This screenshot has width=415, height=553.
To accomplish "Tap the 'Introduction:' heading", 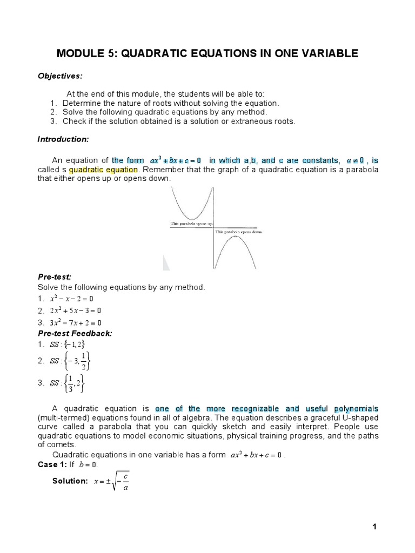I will (x=63, y=139).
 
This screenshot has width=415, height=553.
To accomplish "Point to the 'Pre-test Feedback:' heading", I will (x=75, y=333).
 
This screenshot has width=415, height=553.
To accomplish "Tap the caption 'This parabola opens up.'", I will (x=192, y=223).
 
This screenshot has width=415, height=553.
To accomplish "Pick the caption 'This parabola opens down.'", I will (x=239, y=232).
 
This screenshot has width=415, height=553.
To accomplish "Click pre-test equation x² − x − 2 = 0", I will (x=72, y=299).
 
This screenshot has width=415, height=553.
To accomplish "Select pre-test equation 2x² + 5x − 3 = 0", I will (x=75, y=311).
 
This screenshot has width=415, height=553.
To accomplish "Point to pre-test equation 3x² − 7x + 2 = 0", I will (x=75, y=322).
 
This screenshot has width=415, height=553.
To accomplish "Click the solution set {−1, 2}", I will (x=68, y=345).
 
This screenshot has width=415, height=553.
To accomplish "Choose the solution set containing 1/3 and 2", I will (x=68, y=383).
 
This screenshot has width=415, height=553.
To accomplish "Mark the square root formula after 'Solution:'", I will (x=110, y=481).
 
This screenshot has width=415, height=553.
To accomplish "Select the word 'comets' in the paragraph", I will (x=59, y=444).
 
